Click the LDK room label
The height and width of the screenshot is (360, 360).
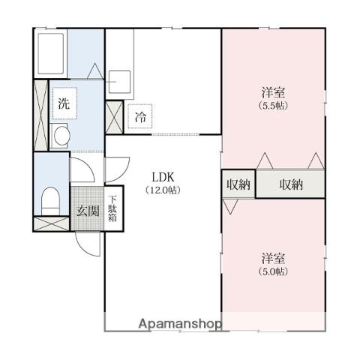tap(163, 177)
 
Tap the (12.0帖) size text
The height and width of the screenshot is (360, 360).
tap(163, 190)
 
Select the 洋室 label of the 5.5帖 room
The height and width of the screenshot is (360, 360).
tap(273, 92)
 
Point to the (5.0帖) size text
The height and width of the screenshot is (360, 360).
tap(273, 271)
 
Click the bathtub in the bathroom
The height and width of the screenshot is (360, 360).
tap(51, 53)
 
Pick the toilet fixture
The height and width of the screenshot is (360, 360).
tap(50, 201)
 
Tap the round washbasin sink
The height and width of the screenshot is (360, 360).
tap(61, 136)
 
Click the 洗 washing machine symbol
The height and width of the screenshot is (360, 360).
tap(64, 103)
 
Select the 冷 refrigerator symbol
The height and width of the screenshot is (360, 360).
tap(140, 116)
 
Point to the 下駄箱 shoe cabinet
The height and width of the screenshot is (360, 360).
tap(112, 208)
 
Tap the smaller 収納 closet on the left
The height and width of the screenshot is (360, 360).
tap(238, 184)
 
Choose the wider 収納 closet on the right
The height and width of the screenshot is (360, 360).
tap(291, 184)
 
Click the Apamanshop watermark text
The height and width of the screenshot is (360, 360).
tap(180, 324)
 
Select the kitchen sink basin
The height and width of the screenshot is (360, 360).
tap(120, 82)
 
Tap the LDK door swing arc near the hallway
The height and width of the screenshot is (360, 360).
tap(122, 173)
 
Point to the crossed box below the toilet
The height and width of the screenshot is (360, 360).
tap(52, 223)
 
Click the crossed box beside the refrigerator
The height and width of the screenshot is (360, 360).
tap(114, 117)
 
